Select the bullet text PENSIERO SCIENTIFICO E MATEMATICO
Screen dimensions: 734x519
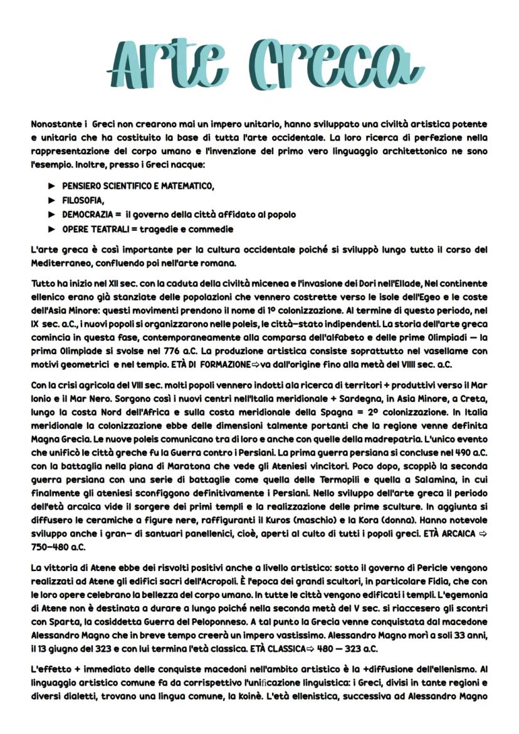[x=138, y=186]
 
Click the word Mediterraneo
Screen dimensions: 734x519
[x=62, y=263]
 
